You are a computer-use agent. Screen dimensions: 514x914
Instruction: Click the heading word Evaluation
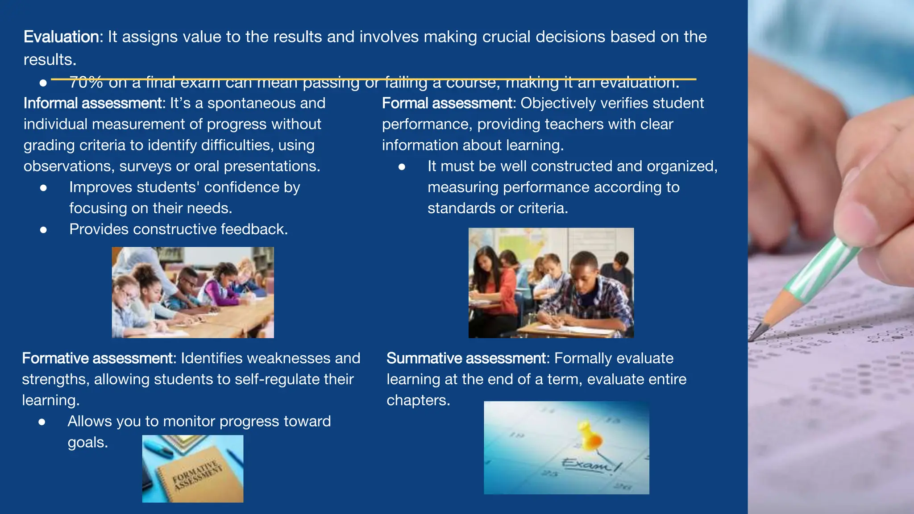pyautogui.click(x=63, y=37)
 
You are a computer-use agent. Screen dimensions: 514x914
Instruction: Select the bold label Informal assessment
pyautogui.click(x=94, y=104)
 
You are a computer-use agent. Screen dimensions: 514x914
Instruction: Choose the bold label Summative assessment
pyautogui.click(x=466, y=358)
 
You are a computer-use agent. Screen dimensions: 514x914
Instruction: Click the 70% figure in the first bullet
pyautogui.click(x=86, y=83)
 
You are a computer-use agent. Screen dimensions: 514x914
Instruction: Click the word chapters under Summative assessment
pyautogui.click(x=418, y=400)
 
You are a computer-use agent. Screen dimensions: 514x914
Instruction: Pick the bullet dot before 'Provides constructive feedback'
pyautogui.click(x=43, y=230)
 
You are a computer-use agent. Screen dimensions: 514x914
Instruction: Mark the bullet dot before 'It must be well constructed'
pyautogui.click(x=402, y=167)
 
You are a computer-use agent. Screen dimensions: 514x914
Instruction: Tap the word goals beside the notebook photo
pyautogui.click(x=87, y=443)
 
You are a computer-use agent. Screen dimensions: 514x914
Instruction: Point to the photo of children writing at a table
pyautogui.click(x=192, y=292)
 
